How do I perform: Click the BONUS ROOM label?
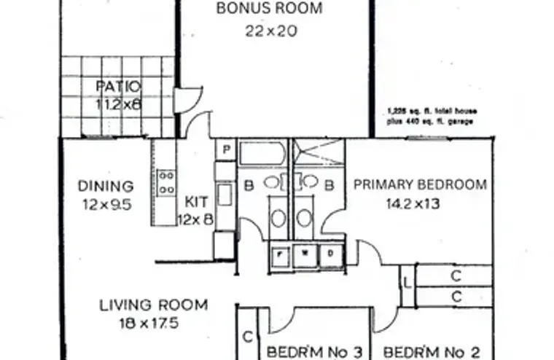coord(270,9)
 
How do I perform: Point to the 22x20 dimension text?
coord(270,31)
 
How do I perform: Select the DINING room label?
coord(106,187)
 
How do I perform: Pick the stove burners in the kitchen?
coord(166,182)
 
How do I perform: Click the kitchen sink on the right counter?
coord(225,195)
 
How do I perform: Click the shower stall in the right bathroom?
coord(317,154)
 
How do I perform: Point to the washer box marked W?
coord(305,254)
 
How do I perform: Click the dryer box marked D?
coord(330,254)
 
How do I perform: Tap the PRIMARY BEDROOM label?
coord(420,184)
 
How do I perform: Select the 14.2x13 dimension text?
coord(413,204)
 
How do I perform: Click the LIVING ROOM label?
coord(153,305)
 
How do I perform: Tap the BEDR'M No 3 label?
coord(314,353)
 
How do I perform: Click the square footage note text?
coord(431,117)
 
